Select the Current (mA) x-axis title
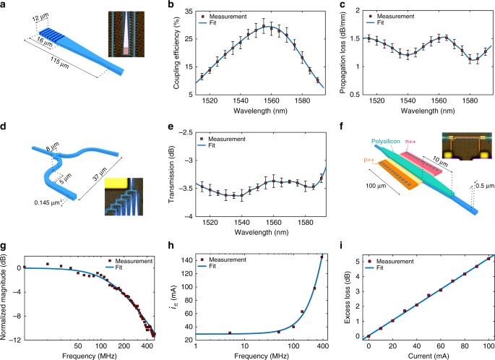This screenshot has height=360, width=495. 420,355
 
